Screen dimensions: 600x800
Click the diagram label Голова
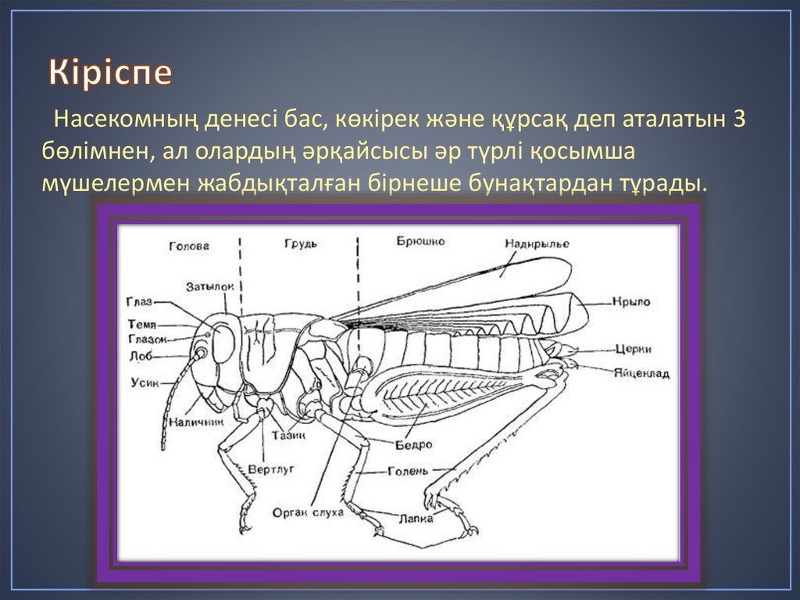point(188,246)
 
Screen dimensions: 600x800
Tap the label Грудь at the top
point(300,243)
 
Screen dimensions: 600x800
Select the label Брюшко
point(420,242)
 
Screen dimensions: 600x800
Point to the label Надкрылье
point(537,244)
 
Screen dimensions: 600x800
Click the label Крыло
point(631,301)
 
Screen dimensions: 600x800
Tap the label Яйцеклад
point(641,374)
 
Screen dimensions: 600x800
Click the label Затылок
point(210,287)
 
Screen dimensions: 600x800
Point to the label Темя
point(142,324)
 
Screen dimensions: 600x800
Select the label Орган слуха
point(308,513)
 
